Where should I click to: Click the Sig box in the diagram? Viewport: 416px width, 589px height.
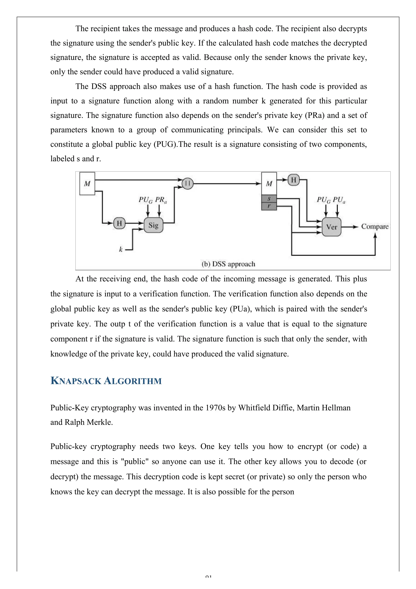pyautogui.click(x=153, y=225)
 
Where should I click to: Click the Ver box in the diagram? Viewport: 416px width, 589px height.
pyautogui.click(x=331, y=227)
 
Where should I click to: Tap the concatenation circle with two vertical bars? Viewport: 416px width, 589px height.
pyautogui.click(x=188, y=184)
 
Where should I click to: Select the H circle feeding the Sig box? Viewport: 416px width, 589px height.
pyautogui.click(x=119, y=223)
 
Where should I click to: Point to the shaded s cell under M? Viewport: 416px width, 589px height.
pyautogui.click(x=269, y=199)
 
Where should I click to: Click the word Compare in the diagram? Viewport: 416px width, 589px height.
pyautogui.click(x=375, y=226)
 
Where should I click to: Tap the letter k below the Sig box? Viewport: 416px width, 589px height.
pyautogui.click(x=121, y=249)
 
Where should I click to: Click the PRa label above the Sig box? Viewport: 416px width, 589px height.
pyautogui.click(x=161, y=200)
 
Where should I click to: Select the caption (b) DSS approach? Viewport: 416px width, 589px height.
pyautogui.click(x=228, y=264)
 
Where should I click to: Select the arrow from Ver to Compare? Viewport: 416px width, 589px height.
pyautogui.click(x=350, y=227)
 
